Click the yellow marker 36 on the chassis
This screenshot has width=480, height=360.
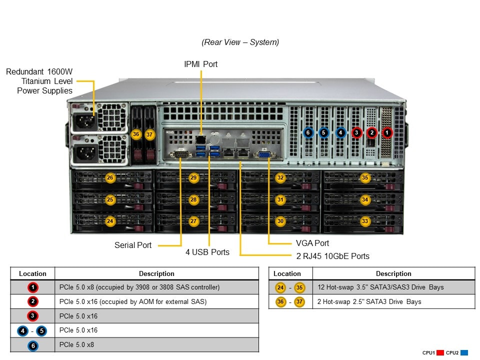tap(135, 134)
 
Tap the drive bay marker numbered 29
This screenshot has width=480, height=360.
tap(194, 177)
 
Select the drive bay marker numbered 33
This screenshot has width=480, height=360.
tap(365, 220)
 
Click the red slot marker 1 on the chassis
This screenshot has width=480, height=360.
tap(387, 132)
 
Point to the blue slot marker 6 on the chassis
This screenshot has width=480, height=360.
tap(308, 132)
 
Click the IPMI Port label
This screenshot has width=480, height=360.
tap(201, 64)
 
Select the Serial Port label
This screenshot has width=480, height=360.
tap(133, 245)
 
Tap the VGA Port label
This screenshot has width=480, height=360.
tap(312, 243)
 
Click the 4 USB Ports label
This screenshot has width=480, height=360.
tap(207, 252)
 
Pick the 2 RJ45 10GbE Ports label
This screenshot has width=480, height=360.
tap(332, 256)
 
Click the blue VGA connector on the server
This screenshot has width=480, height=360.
tap(263, 154)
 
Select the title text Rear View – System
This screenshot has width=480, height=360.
tap(240, 42)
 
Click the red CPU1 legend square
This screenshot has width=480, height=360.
tap(440, 352)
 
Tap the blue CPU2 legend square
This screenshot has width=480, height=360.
tap(464, 352)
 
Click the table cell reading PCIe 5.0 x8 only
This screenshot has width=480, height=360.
tap(76, 344)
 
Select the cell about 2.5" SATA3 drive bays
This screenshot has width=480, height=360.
tap(369, 301)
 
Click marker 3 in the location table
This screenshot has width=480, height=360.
tap(32, 316)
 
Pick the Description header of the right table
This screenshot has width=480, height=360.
tap(393, 273)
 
